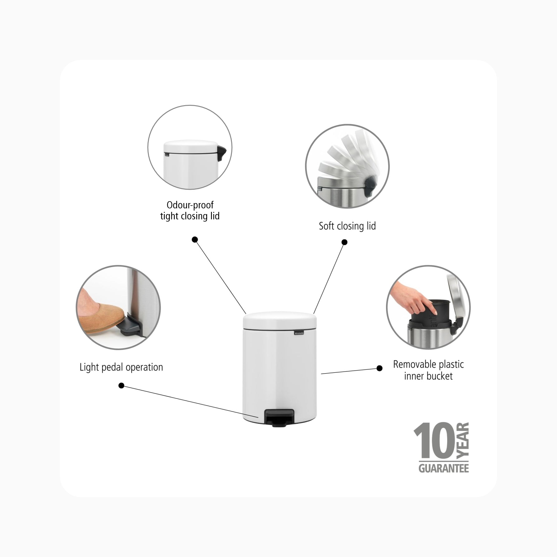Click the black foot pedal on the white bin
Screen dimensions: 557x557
279,417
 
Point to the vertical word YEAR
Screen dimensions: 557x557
462,441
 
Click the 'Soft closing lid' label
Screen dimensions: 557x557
347,226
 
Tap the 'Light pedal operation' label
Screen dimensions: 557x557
121,367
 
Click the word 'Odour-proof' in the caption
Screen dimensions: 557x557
190,205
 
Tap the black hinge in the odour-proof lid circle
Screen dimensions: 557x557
223,154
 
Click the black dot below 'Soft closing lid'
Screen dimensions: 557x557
344,242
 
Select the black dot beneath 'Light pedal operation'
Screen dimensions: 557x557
121,386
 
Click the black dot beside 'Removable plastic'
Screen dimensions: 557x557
379,368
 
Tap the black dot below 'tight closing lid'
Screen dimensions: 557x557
195,240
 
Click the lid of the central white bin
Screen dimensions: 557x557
280,320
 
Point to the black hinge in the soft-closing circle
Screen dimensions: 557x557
369,185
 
